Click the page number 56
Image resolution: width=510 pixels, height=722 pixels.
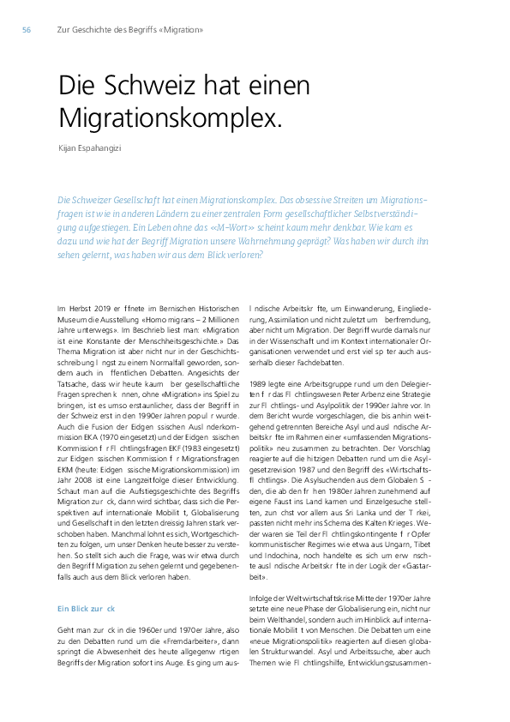pyautogui.click(x=27, y=30)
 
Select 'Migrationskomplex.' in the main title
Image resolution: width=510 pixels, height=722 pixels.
pyautogui.click(x=170, y=117)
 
